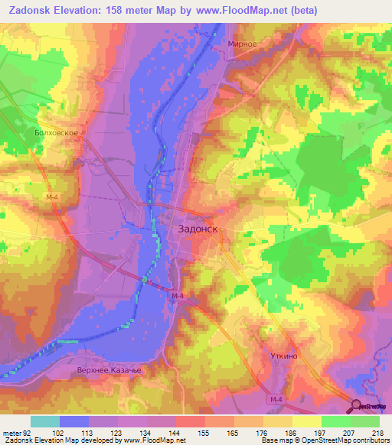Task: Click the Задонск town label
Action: (199, 228)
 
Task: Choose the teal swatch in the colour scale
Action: (45, 421)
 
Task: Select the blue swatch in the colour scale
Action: (74, 421)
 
